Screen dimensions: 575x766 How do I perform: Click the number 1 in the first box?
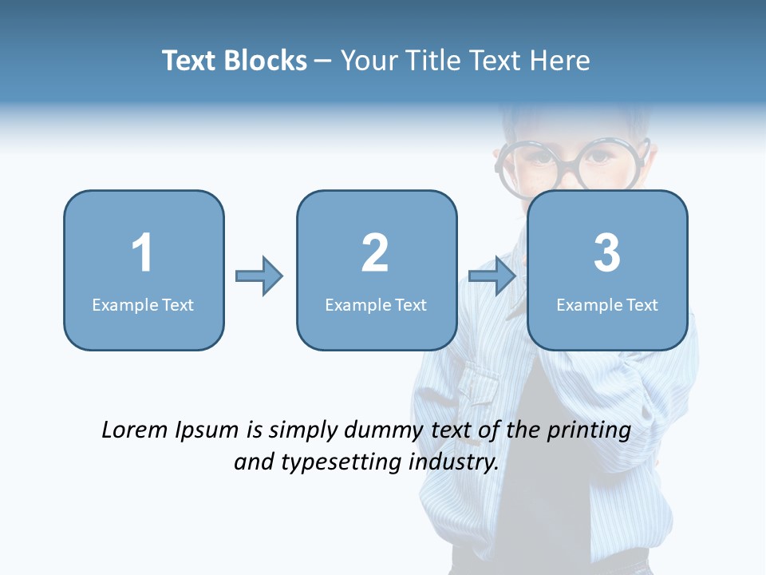(142, 253)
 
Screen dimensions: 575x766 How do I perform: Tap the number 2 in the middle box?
(375, 253)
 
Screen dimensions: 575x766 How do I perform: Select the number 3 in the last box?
(607, 253)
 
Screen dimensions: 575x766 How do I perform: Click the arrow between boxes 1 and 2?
(259, 276)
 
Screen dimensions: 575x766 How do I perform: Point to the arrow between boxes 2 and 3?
(492, 276)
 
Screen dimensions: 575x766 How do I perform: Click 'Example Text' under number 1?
(143, 304)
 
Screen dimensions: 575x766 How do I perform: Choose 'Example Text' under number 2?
(376, 304)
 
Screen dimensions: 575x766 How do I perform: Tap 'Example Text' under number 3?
(607, 304)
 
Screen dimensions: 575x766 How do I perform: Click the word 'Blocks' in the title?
(265, 61)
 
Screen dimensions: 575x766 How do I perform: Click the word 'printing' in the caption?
(588, 431)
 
